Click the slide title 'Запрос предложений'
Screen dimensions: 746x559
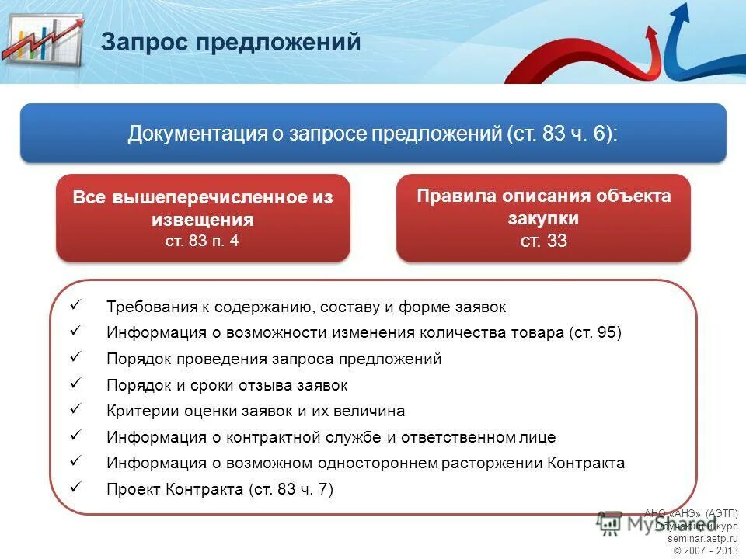tap(231, 42)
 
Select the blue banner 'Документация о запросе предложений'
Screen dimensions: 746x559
tap(373, 134)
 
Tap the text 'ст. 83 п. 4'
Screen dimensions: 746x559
tap(202, 241)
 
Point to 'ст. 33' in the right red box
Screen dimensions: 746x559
tap(543, 241)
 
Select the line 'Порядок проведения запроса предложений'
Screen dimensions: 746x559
tap(274, 359)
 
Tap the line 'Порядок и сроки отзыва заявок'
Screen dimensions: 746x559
tap(227, 385)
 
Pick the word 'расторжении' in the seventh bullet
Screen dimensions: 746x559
tap(492, 464)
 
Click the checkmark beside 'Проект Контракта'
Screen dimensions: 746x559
tap(75, 488)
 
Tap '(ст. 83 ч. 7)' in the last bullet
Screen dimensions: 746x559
tap(291, 490)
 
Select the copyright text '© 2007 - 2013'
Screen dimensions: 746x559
tap(706, 550)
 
